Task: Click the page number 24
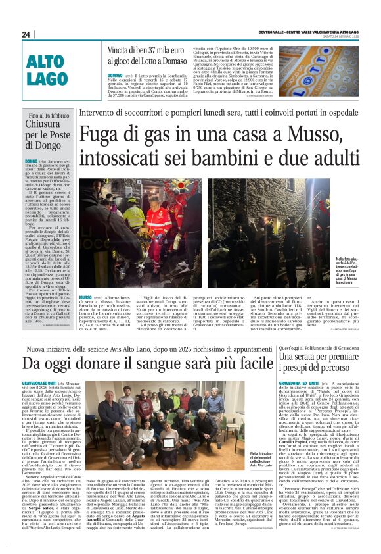click(26, 34)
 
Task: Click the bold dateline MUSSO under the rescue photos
click(85, 297)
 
